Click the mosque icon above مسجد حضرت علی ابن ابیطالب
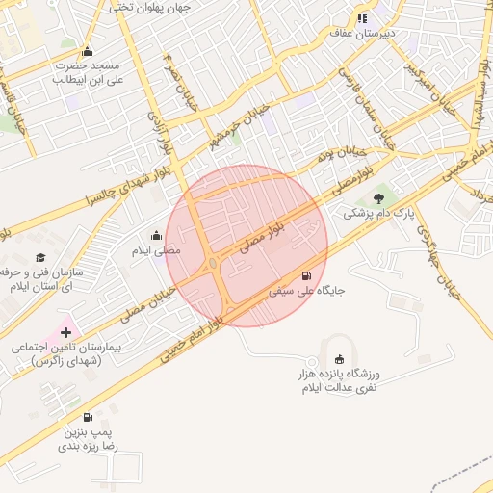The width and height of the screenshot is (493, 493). click(88, 52)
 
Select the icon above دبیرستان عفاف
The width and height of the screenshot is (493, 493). click(362, 17)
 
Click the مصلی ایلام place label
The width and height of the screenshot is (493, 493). click(156, 249)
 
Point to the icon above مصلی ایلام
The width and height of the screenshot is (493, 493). click(156, 235)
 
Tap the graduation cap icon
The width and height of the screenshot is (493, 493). click(40, 257)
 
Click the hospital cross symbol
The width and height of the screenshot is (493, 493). click(65, 331)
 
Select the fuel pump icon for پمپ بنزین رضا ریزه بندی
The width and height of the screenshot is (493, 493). click(89, 417)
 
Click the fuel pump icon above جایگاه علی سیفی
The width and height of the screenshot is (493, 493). click(307, 274)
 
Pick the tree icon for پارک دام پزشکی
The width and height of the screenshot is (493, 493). click(376, 197)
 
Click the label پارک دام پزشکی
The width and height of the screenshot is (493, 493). click(377, 213)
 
